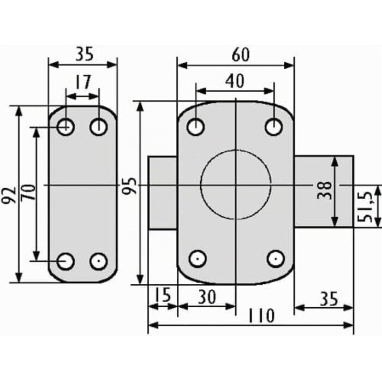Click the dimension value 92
point(9,195)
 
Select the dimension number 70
point(28,193)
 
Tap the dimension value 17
point(83,82)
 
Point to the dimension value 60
point(241,55)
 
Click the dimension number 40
point(234,81)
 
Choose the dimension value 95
point(129,186)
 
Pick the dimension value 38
point(325,190)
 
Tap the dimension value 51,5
point(365,207)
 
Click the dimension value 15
point(163,295)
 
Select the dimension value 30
point(207,297)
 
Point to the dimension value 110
point(261,315)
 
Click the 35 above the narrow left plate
point(85,54)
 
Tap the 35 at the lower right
point(329,299)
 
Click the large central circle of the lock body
point(201,184)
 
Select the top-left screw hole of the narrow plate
point(65,127)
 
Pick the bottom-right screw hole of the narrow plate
point(98,261)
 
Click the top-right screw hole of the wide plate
point(273,127)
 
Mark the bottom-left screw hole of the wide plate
point(198,259)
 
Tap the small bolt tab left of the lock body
point(163,193)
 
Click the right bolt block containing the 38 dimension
point(324,192)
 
